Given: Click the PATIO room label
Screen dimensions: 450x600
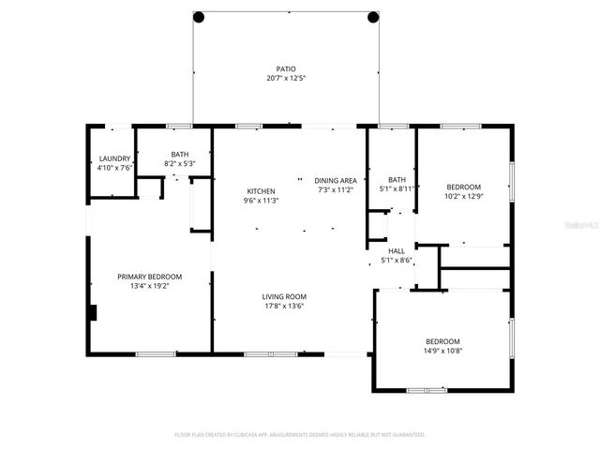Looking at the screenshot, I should coord(285,69).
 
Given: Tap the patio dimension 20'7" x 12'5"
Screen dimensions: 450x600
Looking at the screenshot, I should coord(285,79).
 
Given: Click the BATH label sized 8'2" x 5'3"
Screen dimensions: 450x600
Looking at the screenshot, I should coord(178,155).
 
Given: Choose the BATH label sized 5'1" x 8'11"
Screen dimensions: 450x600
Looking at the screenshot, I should coord(397,179).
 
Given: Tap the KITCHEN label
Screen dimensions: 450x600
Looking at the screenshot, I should coord(260,190).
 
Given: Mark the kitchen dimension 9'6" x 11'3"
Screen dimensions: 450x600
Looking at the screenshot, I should coord(260,200).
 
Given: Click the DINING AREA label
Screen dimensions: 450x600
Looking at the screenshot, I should coord(335,180).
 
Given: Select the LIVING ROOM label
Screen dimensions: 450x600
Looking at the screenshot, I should coord(284,296).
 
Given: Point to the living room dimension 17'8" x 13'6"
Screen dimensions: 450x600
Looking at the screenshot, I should coord(284,306).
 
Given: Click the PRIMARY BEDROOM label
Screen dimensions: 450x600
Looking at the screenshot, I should coord(149,277).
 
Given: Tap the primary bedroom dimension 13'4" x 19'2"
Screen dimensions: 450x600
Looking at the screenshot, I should coord(149,286).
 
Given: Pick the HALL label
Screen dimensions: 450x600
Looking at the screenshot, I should coord(397,250).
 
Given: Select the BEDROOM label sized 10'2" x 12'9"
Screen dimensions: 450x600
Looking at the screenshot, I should coord(463,187).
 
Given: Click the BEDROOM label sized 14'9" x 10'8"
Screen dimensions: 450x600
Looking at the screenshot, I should coord(442,340).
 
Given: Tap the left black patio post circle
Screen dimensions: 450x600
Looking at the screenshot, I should coord(199,17).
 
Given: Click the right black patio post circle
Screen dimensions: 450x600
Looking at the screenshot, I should coord(372,17).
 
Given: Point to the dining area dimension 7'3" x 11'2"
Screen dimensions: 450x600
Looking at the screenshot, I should coord(335,189).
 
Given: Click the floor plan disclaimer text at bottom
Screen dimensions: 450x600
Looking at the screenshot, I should coord(300,435).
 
